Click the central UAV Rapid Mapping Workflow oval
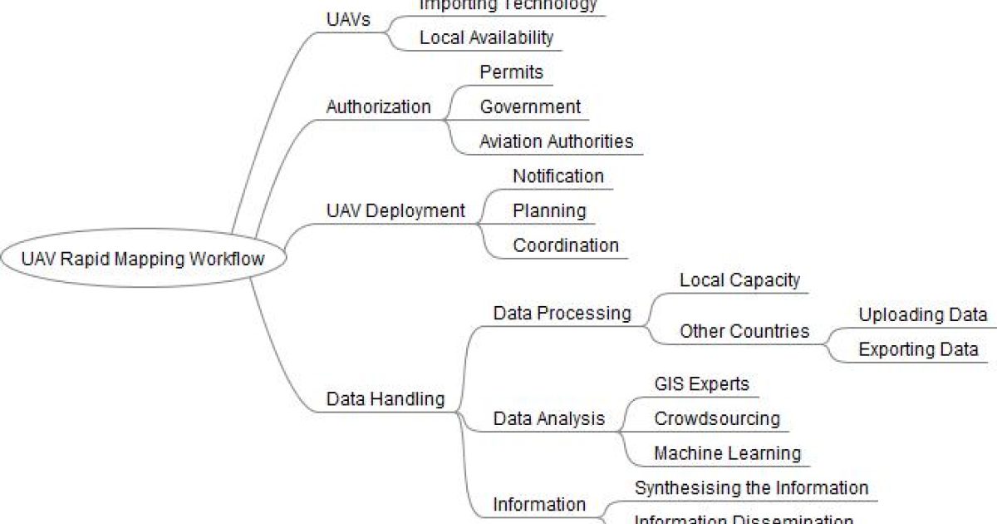pos(143,259)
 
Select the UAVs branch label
pos(348,19)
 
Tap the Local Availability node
pos(486,37)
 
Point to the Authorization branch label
pos(378,107)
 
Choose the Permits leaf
pos(511,72)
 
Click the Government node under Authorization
pos(530,107)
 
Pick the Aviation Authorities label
pos(556,141)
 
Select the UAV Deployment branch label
pos(395,211)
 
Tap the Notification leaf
pos(557,176)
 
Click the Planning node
pos(549,211)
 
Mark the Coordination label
pos(566,245)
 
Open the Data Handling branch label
pos(386,399)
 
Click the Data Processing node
pos(562,314)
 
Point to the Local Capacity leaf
pos(739,280)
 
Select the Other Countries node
pos(744,331)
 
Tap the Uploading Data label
pos(922,315)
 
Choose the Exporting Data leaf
pos(918,349)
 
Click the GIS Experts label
pos(701,384)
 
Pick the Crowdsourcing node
pos(717,418)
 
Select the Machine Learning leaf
pos(727,453)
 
